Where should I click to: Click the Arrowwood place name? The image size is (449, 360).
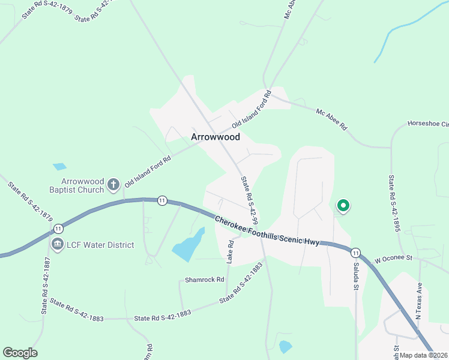pyautogui.click(x=215, y=137)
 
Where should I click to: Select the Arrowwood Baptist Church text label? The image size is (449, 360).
pyautogui.click(x=83, y=185)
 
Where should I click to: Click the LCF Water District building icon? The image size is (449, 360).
pyautogui.click(x=58, y=245)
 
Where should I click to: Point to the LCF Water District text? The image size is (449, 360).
pyautogui.click(x=100, y=245)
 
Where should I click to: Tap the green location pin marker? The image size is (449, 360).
pyautogui.click(x=343, y=206)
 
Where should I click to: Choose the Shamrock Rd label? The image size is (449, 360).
pyautogui.click(x=204, y=280)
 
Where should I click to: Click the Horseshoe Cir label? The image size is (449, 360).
pyautogui.click(x=428, y=124)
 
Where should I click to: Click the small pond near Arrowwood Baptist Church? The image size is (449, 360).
pyautogui.click(x=59, y=166)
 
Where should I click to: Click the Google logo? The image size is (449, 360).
pyautogui.click(x=20, y=353)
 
